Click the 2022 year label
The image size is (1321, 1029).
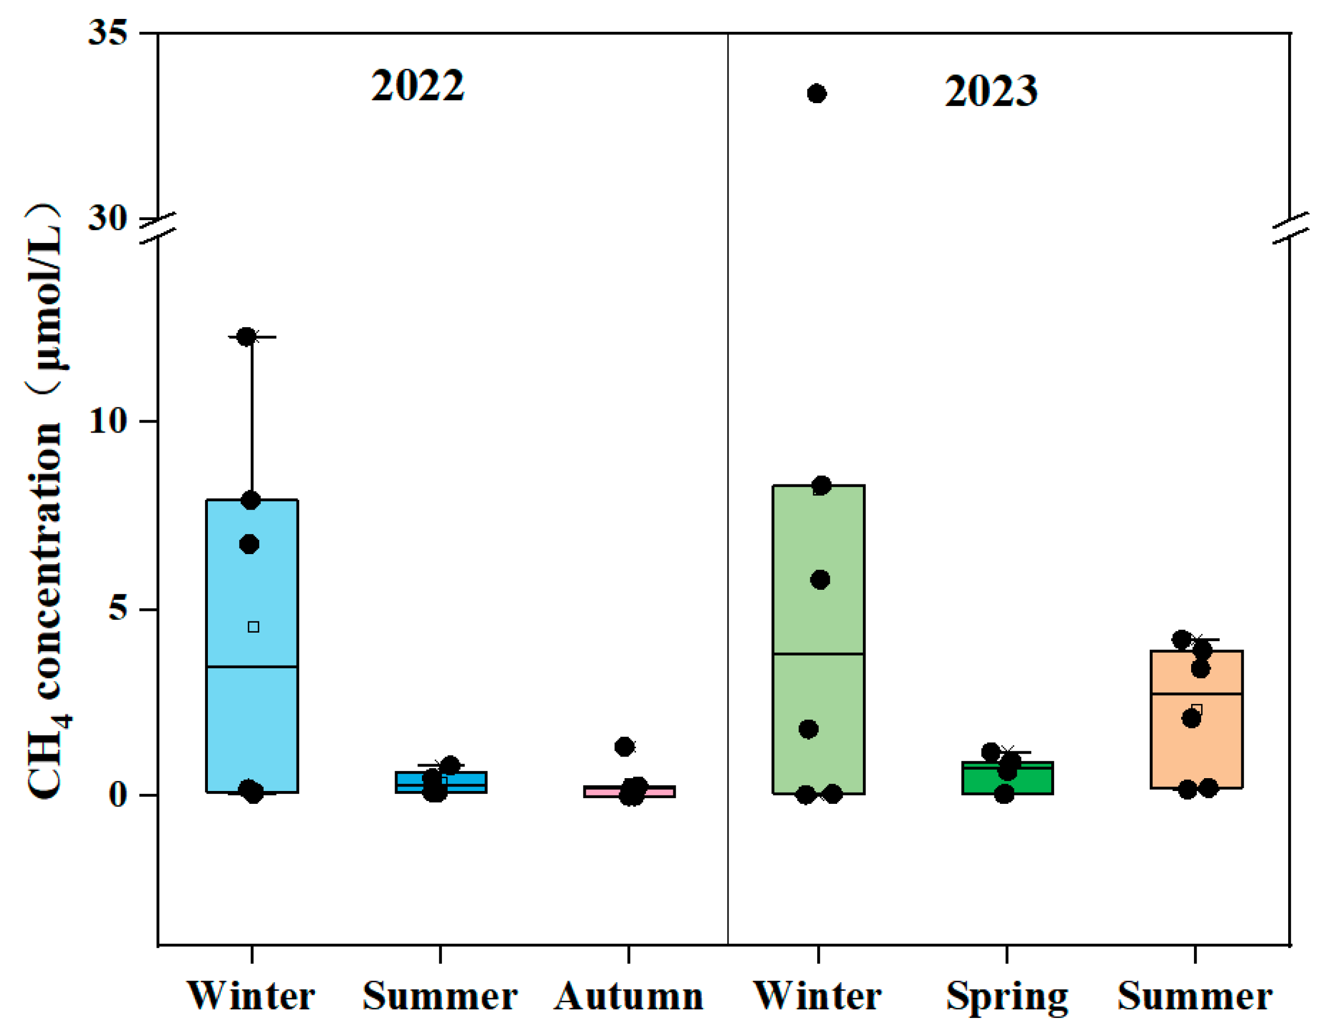(417, 85)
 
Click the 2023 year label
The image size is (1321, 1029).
(991, 91)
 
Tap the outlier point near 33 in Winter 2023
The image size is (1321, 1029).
(817, 94)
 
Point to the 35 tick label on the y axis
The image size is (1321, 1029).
(108, 31)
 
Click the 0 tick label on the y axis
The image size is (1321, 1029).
(118, 794)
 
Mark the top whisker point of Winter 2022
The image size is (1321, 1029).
(246, 337)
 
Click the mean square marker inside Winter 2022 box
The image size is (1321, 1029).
(254, 627)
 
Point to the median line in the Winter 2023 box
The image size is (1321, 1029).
(818, 654)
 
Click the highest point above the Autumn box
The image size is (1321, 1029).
(624, 746)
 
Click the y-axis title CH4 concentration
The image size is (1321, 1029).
(45, 502)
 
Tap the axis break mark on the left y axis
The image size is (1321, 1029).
(158, 228)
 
